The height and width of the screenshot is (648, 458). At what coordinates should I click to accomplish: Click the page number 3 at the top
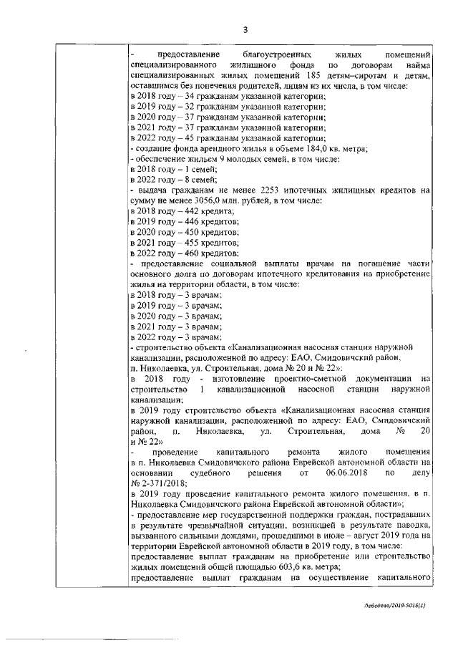point(245,30)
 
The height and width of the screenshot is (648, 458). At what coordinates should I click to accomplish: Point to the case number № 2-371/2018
point(157,483)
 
